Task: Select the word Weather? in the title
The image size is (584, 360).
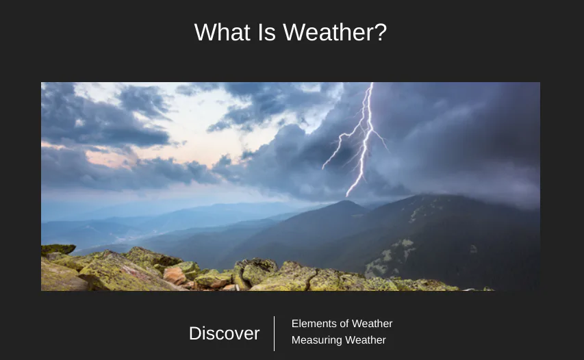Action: [335, 32]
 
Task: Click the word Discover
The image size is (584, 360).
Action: [224, 333]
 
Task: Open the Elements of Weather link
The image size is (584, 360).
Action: [342, 324]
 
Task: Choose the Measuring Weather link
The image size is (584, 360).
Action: [338, 340]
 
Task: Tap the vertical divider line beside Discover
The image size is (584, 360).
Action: [275, 333]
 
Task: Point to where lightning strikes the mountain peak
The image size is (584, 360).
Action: [348, 196]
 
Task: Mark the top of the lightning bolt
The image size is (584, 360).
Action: [372, 85]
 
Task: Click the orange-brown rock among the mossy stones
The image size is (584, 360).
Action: [174, 275]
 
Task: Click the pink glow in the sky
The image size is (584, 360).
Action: [116, 159]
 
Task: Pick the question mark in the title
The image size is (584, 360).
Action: [381, 32]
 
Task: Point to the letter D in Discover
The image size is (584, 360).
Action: [195, 333]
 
